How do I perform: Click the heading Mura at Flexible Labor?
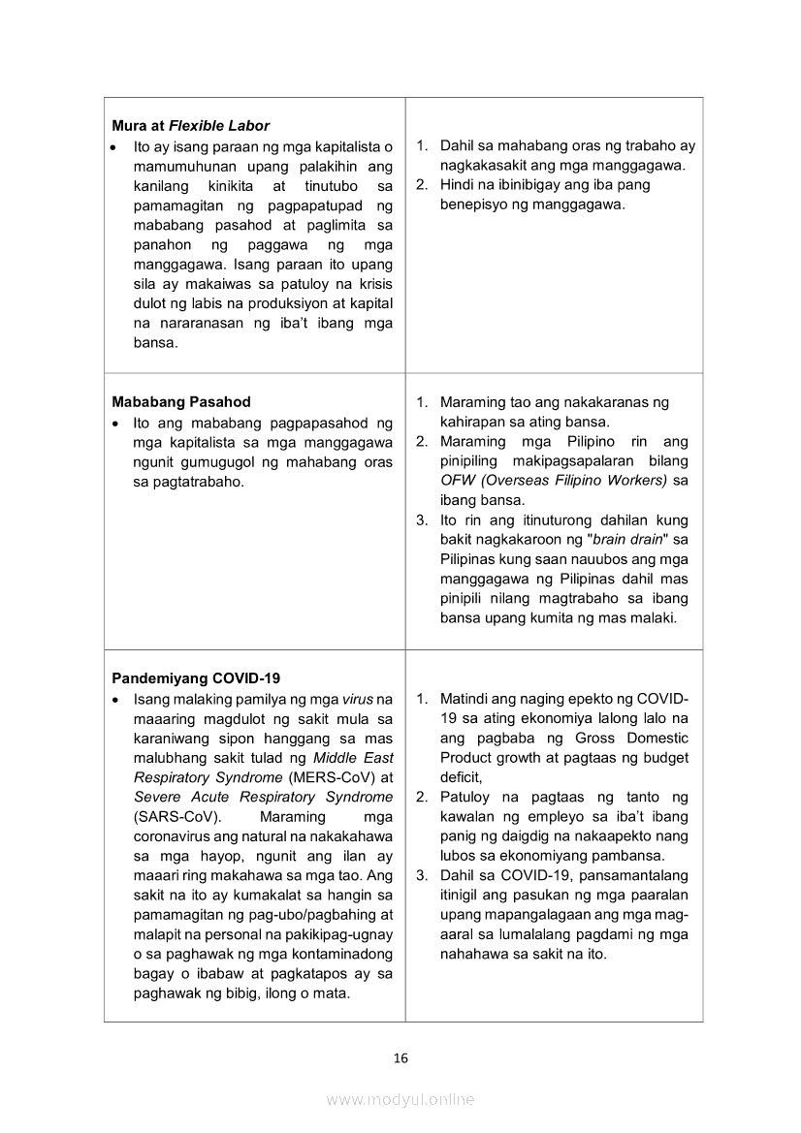(x=190, y=126)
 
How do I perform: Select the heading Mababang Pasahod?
(x=181, y=402)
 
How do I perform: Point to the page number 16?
(x=400, y=1058)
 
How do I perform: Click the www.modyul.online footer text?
(x=400, y=1100)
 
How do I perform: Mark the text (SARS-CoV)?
(x=167, y=817)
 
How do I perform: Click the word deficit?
(x=461, y=777)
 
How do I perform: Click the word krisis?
(x=373, y=284)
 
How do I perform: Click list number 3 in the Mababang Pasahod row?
(x=422, y=520)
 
